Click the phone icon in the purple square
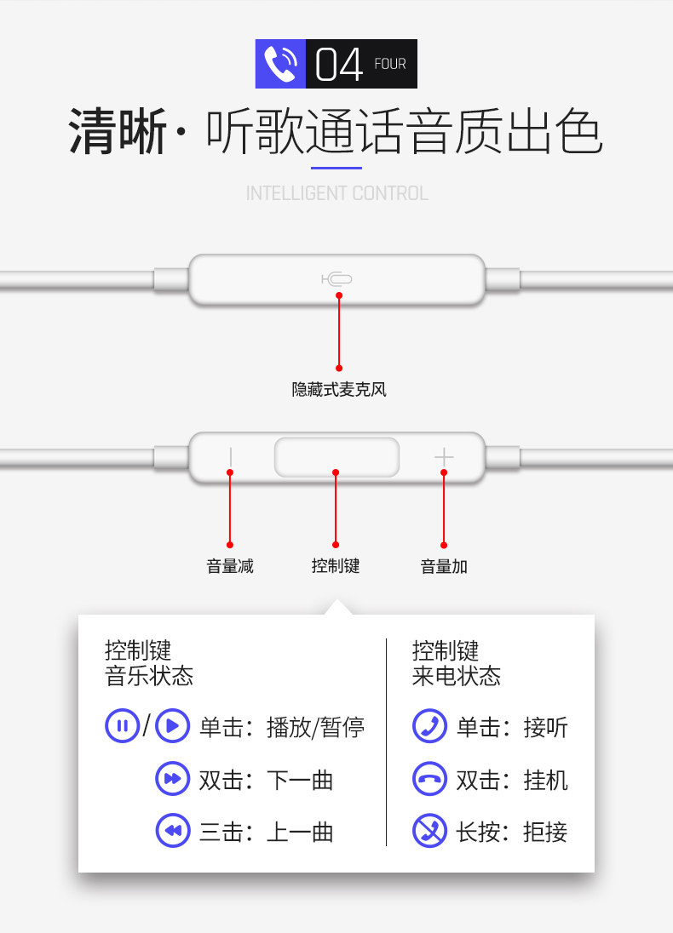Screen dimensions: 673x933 click(280, 64)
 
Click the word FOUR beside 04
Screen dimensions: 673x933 click(390, 64)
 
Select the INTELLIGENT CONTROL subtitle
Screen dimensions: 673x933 click(336, 193)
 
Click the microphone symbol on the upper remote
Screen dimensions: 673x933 click(337, 278)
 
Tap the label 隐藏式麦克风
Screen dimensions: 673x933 click(338, 390)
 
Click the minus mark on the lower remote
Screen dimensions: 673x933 click(230, 457)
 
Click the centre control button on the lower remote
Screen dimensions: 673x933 click(336, 457)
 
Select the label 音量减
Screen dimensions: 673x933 click(230, 566)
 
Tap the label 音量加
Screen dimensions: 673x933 click(444, 566)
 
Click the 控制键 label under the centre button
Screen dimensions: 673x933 click(336, 566)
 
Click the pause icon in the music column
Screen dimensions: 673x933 click(122, 726)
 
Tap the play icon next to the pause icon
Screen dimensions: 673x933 click(172, 726)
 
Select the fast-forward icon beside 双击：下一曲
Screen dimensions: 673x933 click(172, 779)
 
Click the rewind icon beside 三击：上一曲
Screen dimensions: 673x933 click(172, 831)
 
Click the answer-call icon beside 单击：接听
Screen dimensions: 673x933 click(429, 726)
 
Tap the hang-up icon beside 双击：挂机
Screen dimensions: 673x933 click(429, 779)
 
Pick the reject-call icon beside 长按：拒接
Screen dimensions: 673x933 click(429, 831)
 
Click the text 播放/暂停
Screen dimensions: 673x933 click(315, 727)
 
